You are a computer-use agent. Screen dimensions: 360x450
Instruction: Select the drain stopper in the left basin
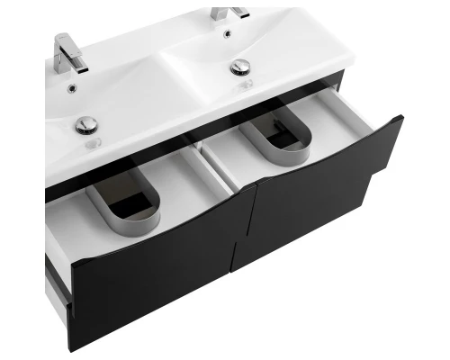[x=86, y=125]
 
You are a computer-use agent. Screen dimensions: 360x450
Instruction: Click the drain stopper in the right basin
[x=239, y=67]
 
